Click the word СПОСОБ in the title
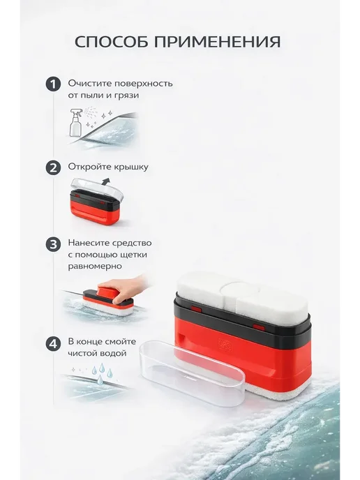[112, 42]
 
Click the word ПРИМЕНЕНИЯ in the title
[218, 42]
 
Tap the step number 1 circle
[53, 84]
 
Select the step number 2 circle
[53, 167]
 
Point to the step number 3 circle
[53, 244]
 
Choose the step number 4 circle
[53, 343]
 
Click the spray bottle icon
[75, 123]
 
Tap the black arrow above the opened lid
[105, 182]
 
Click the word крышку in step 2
[131, 167]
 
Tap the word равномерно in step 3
[95, 267]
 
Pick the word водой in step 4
[112, 353]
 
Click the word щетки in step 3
[130, 255]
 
